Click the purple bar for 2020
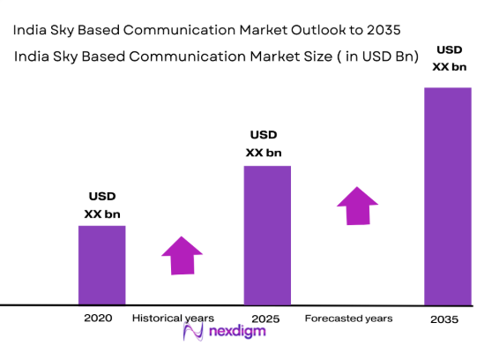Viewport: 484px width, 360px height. pos(102,265)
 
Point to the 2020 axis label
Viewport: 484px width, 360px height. pos(98,318)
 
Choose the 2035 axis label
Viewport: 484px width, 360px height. pos(444,319)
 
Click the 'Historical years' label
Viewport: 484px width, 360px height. pos(173,318)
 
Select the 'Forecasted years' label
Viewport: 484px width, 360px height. pos(349,318)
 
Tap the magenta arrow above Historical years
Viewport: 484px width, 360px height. pos(182,258)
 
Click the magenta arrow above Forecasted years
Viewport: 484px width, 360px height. pos(357,206)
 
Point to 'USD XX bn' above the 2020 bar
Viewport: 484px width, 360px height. pos(102,205)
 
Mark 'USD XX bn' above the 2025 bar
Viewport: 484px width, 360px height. pos(264,144)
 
